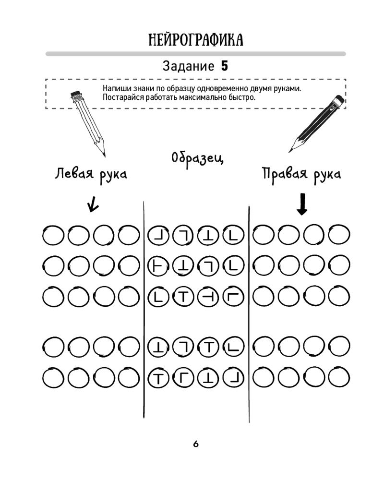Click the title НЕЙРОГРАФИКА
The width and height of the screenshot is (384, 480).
(195, 39)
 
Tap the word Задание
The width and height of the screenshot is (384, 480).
(188, 66)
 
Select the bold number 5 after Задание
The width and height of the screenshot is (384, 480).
(224, 66)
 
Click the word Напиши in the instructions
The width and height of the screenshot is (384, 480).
(116, 89)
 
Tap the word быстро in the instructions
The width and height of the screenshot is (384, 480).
(244, 97)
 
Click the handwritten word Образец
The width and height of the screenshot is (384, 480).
(197, 158)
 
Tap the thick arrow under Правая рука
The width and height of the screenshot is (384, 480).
(302, 204)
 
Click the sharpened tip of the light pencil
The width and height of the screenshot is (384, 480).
(103, 154)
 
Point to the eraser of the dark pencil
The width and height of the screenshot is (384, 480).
(338, 101)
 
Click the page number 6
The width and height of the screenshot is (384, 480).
(196, 444)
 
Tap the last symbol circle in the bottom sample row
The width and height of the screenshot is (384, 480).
(234, 378)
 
